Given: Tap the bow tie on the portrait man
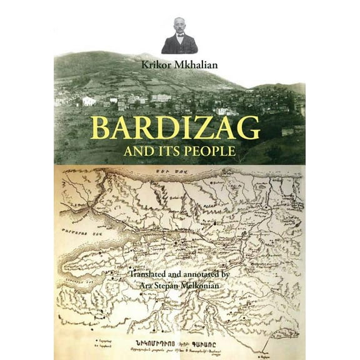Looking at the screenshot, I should pos(179,37).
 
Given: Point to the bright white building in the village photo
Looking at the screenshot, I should pos(89,101).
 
